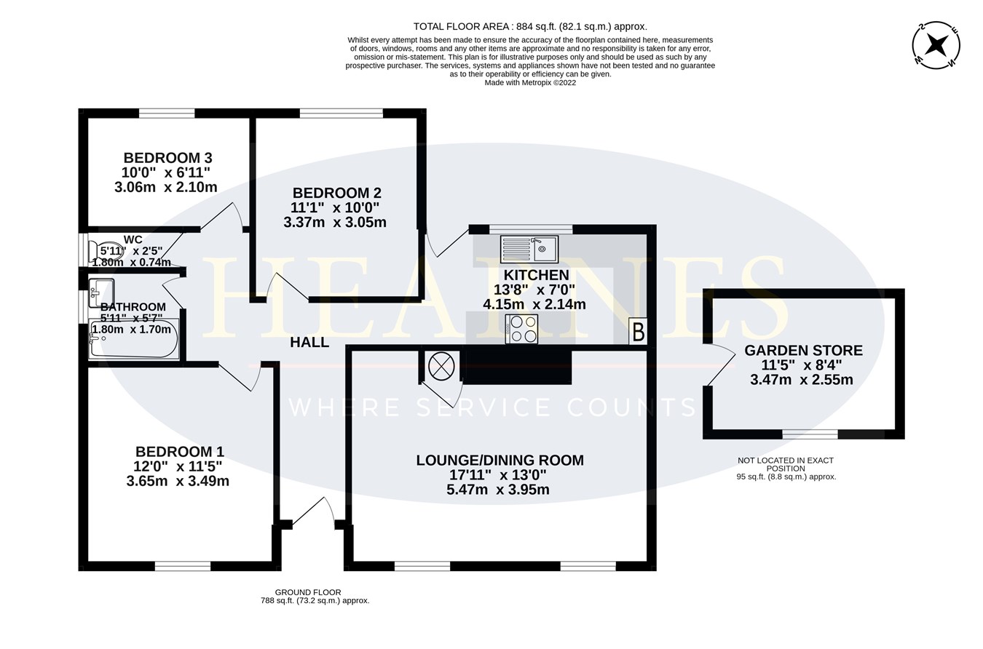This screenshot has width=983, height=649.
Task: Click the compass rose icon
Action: tap(936, 45)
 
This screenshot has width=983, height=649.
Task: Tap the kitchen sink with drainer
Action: tap(529, 250)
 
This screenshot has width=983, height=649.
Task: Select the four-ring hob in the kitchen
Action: tap(522, 329)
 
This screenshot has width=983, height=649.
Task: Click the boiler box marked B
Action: tap(638, 332)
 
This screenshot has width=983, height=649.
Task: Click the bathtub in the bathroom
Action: tap(134, 339)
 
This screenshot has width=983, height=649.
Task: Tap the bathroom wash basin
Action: tap(101, 292)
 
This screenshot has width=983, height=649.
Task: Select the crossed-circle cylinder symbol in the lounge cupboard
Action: tap(441, 366)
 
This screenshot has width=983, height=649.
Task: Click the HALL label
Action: tap(309, 342)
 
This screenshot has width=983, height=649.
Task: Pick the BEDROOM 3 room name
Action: tap(167, 158)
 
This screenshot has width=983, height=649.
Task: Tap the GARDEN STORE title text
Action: tap(803, 351)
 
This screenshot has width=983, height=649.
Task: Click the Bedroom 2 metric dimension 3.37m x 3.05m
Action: tap(335, 222)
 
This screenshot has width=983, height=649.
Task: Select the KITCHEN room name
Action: tap(536, 275)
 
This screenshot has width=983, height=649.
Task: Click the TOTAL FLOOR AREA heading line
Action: tap(530, 26)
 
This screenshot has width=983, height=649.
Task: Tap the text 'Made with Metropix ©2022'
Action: tap(530, 83)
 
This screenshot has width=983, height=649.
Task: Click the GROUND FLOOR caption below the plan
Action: tap(308, 592)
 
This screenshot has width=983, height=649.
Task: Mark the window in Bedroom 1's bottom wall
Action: tap(183, 566)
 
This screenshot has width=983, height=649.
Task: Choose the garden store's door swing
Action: tap(721, 365)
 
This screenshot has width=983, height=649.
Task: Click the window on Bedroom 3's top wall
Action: tap(167, 114)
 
